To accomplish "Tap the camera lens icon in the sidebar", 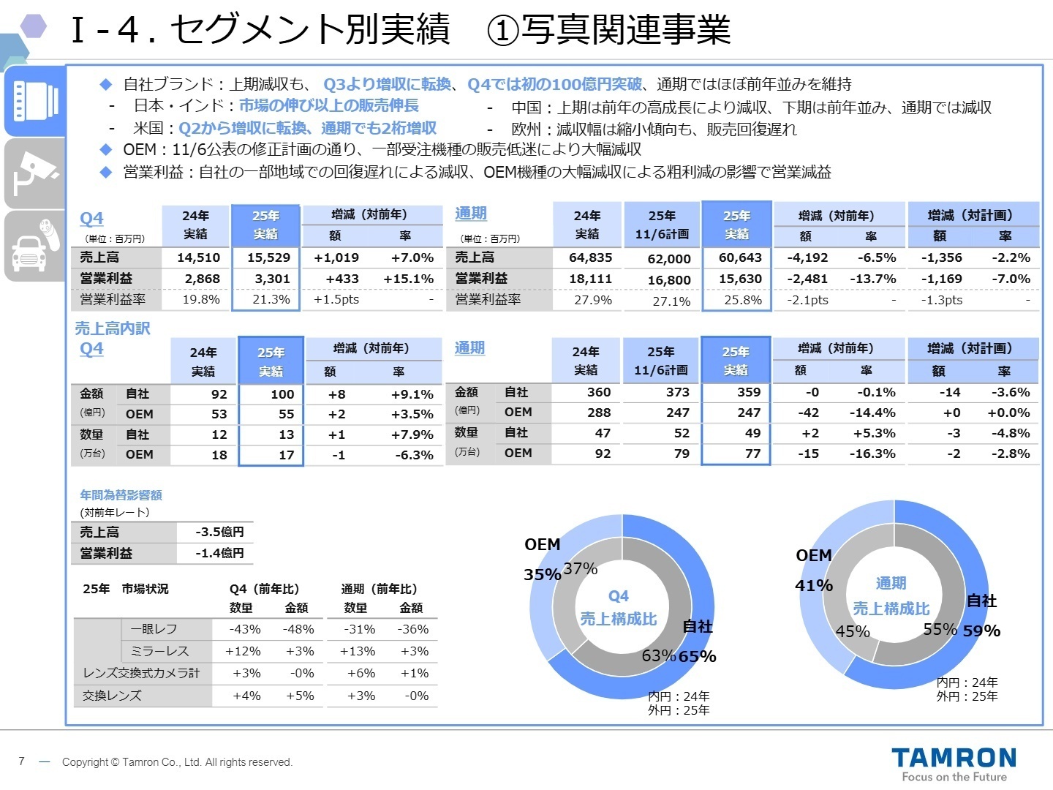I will click(x=35, y=101).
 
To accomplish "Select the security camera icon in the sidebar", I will click(x=34, y=173).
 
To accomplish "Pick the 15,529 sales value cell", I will click(x=268, y=257).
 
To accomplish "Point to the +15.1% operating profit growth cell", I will click(x=408, y=279).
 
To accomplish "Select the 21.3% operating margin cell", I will click(x=271, y=299).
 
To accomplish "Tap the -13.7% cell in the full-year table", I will click(x=872, y=279).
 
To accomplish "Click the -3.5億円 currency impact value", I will click(x=219, y=532).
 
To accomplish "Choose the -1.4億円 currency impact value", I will click(x=219, y=553).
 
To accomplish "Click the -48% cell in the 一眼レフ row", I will click(x=298, y=629).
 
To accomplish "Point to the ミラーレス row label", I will click(x=159, y=651).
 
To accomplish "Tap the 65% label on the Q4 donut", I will click(x=697, y=656).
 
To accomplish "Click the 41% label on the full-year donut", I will click(x=814, y=585).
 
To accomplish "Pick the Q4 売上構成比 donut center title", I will click(x=618, y=608).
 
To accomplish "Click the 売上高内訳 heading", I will click(x=112, y=328).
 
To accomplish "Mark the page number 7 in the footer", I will click(x=22, y=761).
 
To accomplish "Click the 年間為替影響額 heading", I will click(x=121, y=495).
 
